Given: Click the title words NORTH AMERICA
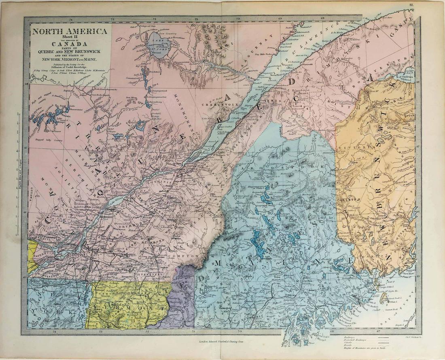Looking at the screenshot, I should click(x=69, y=31).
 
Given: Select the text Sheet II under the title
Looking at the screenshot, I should click(x=69, y=38).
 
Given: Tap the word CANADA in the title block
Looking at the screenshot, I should click(x=69, y=44).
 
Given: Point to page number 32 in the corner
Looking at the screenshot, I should click(x=411, y=5).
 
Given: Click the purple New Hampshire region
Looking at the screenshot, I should click(x=182, y=299).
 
